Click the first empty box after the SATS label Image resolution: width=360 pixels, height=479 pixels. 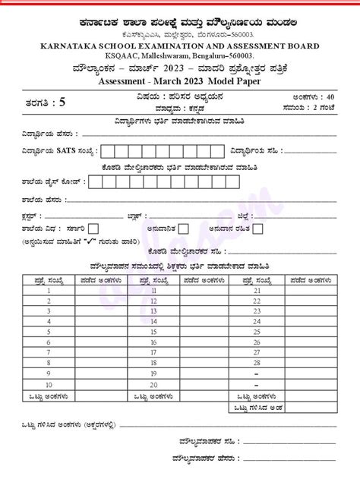[108, 150]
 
